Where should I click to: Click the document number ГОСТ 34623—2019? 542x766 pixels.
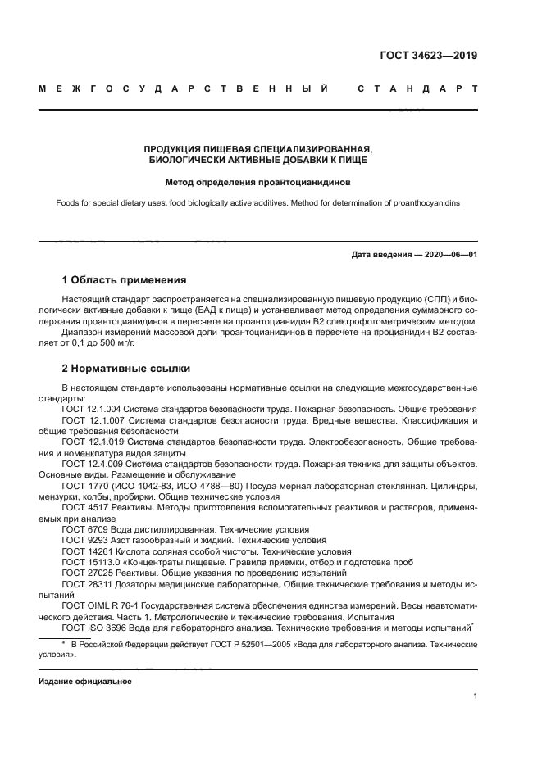coord(429,56)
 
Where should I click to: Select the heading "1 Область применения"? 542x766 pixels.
coord(124,280)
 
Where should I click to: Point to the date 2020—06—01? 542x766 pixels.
coord(448,255)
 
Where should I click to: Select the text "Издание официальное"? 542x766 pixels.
coord(85,680)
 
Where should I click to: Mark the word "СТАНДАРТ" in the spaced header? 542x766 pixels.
coord(417,88)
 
